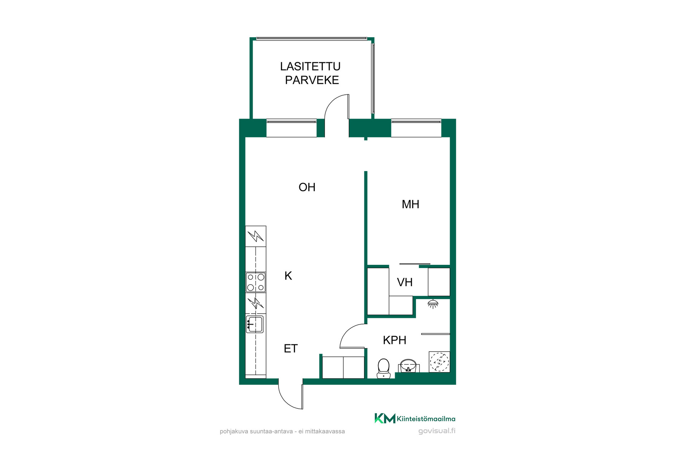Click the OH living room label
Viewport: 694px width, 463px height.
(307, 187)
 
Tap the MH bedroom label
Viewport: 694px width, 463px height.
(410, 204)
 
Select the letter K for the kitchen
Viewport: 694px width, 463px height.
(288, 276)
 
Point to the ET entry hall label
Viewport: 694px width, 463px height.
(291, 348)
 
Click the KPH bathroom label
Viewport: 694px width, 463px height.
(394, 340)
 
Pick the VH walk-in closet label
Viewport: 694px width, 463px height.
(404, 282)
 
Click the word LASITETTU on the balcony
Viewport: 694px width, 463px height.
(310, 66)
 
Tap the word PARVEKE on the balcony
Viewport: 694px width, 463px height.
(312, 80)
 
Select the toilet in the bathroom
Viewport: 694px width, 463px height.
(384, 368)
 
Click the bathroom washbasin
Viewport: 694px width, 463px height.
(408, 366)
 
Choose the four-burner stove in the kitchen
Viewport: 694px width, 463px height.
(256, 282)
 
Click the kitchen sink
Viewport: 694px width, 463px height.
(255, 324)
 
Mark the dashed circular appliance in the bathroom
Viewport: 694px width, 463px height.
(440, 362)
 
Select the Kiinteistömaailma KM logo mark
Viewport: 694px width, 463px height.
(385, 418)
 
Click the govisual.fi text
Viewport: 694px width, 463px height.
(437, 431)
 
